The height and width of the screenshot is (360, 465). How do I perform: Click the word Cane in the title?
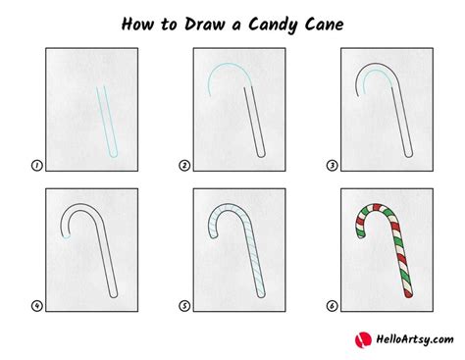coord(324,25)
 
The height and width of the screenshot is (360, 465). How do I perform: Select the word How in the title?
coord(137,25)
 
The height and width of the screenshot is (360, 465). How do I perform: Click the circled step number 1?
coord(37,166)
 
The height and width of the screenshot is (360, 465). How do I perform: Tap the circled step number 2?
coord(184,166)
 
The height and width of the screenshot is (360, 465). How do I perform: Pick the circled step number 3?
coord(332,166)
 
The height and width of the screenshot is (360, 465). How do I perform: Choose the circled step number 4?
coord(37,306)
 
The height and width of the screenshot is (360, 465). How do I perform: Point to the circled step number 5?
coord(184,306)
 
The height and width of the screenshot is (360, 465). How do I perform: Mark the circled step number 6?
coord(332,306)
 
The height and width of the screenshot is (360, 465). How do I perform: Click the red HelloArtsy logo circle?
coord(363,340)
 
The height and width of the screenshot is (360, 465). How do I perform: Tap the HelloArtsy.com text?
coord(415,339)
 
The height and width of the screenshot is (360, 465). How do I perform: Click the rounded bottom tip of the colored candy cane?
coord(409,294)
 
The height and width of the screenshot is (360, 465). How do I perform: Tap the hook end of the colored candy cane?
coord(360,234)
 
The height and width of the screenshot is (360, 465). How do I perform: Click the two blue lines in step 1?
coord(107,122)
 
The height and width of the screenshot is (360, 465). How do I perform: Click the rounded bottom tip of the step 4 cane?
coord(114,295)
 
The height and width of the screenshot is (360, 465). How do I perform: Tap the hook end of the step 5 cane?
coord(214,235)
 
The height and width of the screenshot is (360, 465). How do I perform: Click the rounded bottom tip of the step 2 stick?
coord(261,154)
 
